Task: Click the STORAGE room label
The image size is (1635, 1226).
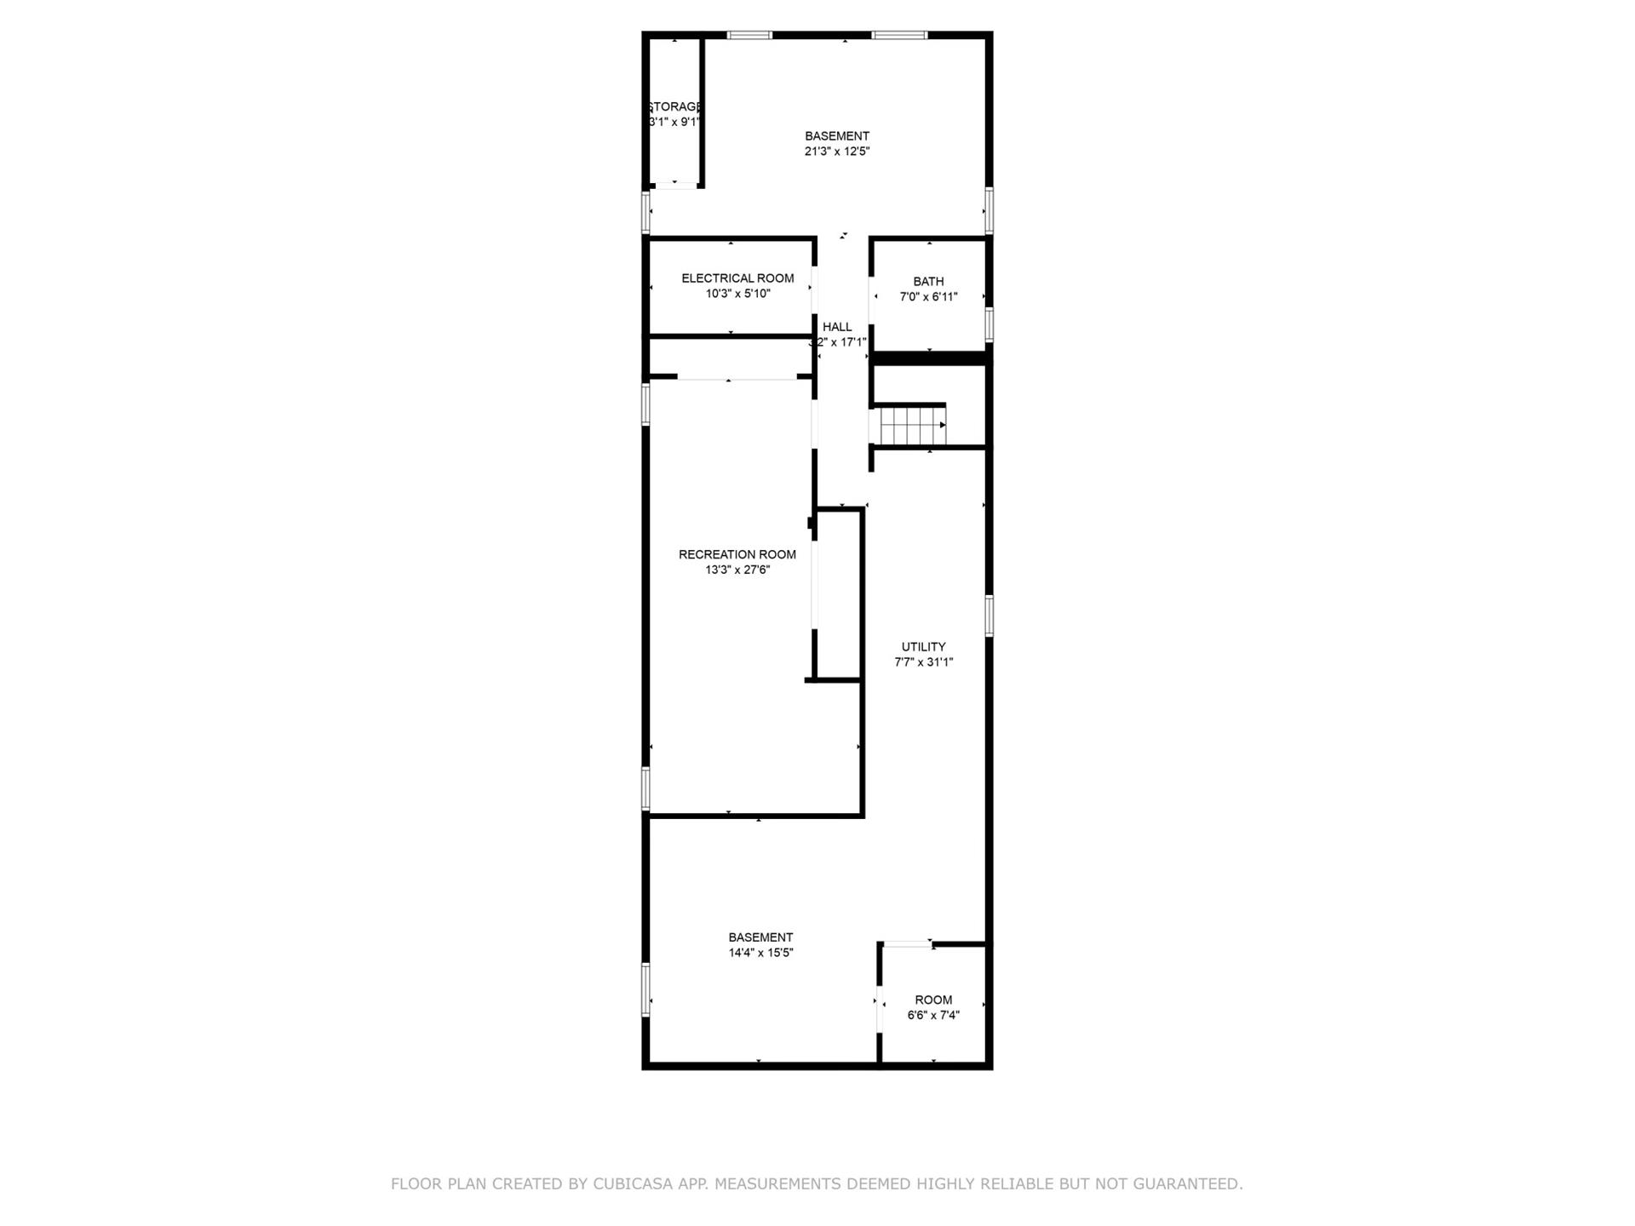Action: [674, 106]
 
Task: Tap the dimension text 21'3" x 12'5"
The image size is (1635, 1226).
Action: [837, 152]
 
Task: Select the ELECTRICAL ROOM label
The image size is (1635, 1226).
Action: [737, 278]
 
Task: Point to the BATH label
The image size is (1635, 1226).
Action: [928, 282]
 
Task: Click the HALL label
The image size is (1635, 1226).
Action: [837, 327]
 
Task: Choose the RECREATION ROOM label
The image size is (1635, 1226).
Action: [737, 554]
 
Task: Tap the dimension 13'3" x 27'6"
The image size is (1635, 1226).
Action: [737, 570]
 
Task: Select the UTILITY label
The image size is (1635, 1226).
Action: [923, 647]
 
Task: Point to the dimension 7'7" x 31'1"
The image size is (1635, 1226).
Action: [923, 662]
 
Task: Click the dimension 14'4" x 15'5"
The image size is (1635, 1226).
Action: [760, 953]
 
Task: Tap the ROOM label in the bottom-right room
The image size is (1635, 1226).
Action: [933, 1000]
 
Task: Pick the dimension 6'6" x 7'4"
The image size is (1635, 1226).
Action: [933, 1015]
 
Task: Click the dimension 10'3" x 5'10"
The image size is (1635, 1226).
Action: [737, 294]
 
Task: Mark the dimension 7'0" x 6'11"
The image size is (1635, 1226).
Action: [928, 297]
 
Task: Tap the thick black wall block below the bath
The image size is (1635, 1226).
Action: [931, 358]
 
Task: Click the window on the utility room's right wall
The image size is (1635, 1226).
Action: [989, 616]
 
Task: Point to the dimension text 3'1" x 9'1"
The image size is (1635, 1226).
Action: [674, 122]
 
